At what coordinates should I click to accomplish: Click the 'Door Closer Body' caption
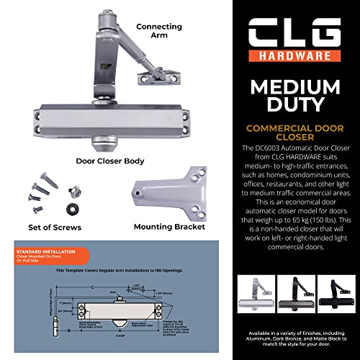click(116, 161)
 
